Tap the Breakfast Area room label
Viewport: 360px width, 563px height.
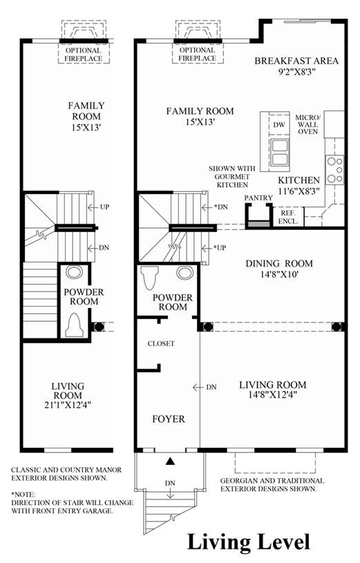(x=296, y=61)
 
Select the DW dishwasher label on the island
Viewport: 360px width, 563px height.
(x=278, y=125)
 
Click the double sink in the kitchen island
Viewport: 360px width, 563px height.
(x=280, y=153)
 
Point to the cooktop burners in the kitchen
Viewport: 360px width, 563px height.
(x=334, y=170)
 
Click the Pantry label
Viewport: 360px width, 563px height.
(x=258, y=198)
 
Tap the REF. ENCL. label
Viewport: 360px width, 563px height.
(x=288, y=217)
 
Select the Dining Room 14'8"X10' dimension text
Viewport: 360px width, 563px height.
(x=279, y=275)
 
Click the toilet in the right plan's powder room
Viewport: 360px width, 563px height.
(x=149, y=278)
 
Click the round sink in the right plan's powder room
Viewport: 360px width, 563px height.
(x=184, y=273)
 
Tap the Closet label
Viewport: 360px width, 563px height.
(x=161, y=343)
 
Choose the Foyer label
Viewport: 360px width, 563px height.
(x=169, y=419)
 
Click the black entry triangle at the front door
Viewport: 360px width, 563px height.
(x=170, y=461)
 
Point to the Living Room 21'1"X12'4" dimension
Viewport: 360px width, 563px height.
(x=68, y=405)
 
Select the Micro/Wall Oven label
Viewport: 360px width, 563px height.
(x=308, y=124)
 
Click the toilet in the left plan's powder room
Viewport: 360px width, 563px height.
(x=75, y=325)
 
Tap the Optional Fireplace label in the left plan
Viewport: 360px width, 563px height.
(x=84, y=55)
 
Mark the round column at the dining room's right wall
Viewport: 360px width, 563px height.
(x=337, y=327)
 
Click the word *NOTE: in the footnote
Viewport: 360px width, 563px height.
(x=23, y=495)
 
